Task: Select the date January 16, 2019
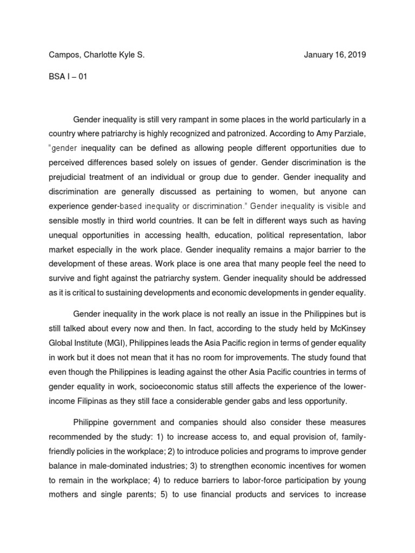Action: [x=335, y=55]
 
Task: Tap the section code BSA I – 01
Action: [x=67, y=76]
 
